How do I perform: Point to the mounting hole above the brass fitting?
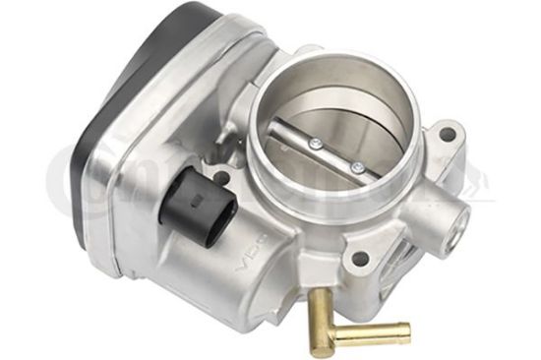pyautogui.click(x=360, y=260)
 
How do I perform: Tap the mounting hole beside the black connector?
pyautogui.click(x=221, y=178)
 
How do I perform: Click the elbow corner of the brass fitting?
pyautogui.click(x=325, y=339)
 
